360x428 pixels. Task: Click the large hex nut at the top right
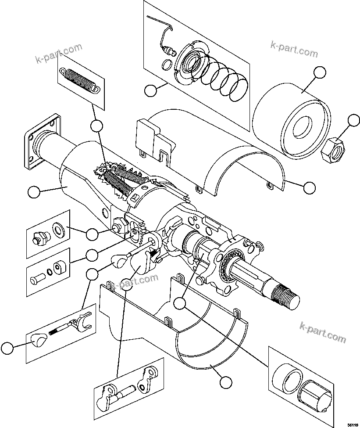333,151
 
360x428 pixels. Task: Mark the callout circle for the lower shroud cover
225,382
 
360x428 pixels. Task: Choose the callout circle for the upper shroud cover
309,187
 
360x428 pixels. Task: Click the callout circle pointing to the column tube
33,192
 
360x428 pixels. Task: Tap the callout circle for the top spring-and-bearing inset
151,91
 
